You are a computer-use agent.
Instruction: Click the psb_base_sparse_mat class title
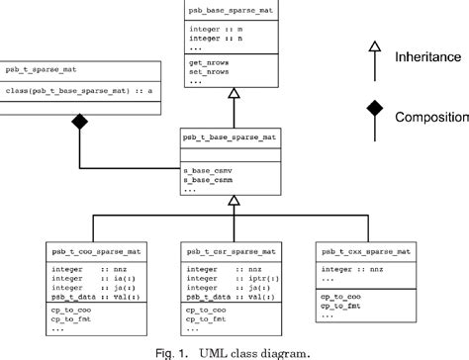pos(233,9)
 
